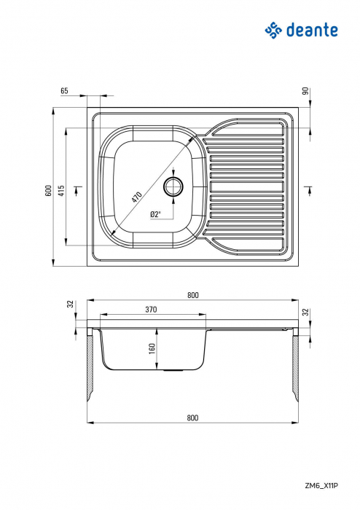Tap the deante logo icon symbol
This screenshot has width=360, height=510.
[273, 30]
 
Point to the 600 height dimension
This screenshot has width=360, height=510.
[48, 190]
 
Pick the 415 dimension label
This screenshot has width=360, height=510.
[62, 190]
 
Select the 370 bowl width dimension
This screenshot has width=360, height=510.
[152, 310]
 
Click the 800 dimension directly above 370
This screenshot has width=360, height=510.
[192, 294]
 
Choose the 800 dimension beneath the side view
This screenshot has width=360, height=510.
[192, 418]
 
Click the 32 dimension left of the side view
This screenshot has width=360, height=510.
[70, 305]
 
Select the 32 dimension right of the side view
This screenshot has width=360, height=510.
[305, 312]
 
